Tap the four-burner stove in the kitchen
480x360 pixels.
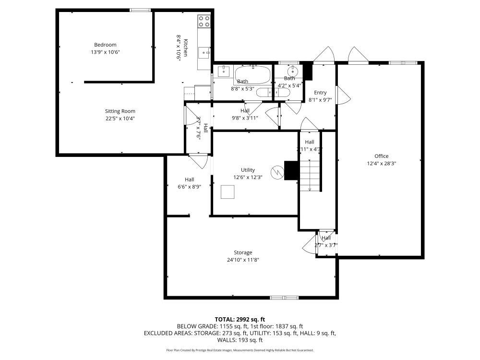coord(204,21)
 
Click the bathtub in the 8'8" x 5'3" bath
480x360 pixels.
coord(252,74)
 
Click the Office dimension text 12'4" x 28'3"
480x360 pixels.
coord(381,163)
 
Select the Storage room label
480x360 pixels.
coord(243,252)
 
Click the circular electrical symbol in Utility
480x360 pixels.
coord(276,171)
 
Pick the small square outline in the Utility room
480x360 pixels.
coord(228,192)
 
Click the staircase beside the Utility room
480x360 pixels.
coord(310,175)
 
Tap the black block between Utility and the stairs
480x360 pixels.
coord(291,170)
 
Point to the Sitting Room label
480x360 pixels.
coord(120,111)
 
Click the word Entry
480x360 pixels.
coord(320,93)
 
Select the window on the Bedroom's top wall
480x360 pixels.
coord(140,10)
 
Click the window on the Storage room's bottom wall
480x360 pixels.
coord(284,298)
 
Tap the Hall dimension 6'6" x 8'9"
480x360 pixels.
coord(189,187)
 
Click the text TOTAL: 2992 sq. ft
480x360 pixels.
coord(240,319)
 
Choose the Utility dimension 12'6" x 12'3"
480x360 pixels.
coord(248,177)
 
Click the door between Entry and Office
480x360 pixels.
coord(342,95)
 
